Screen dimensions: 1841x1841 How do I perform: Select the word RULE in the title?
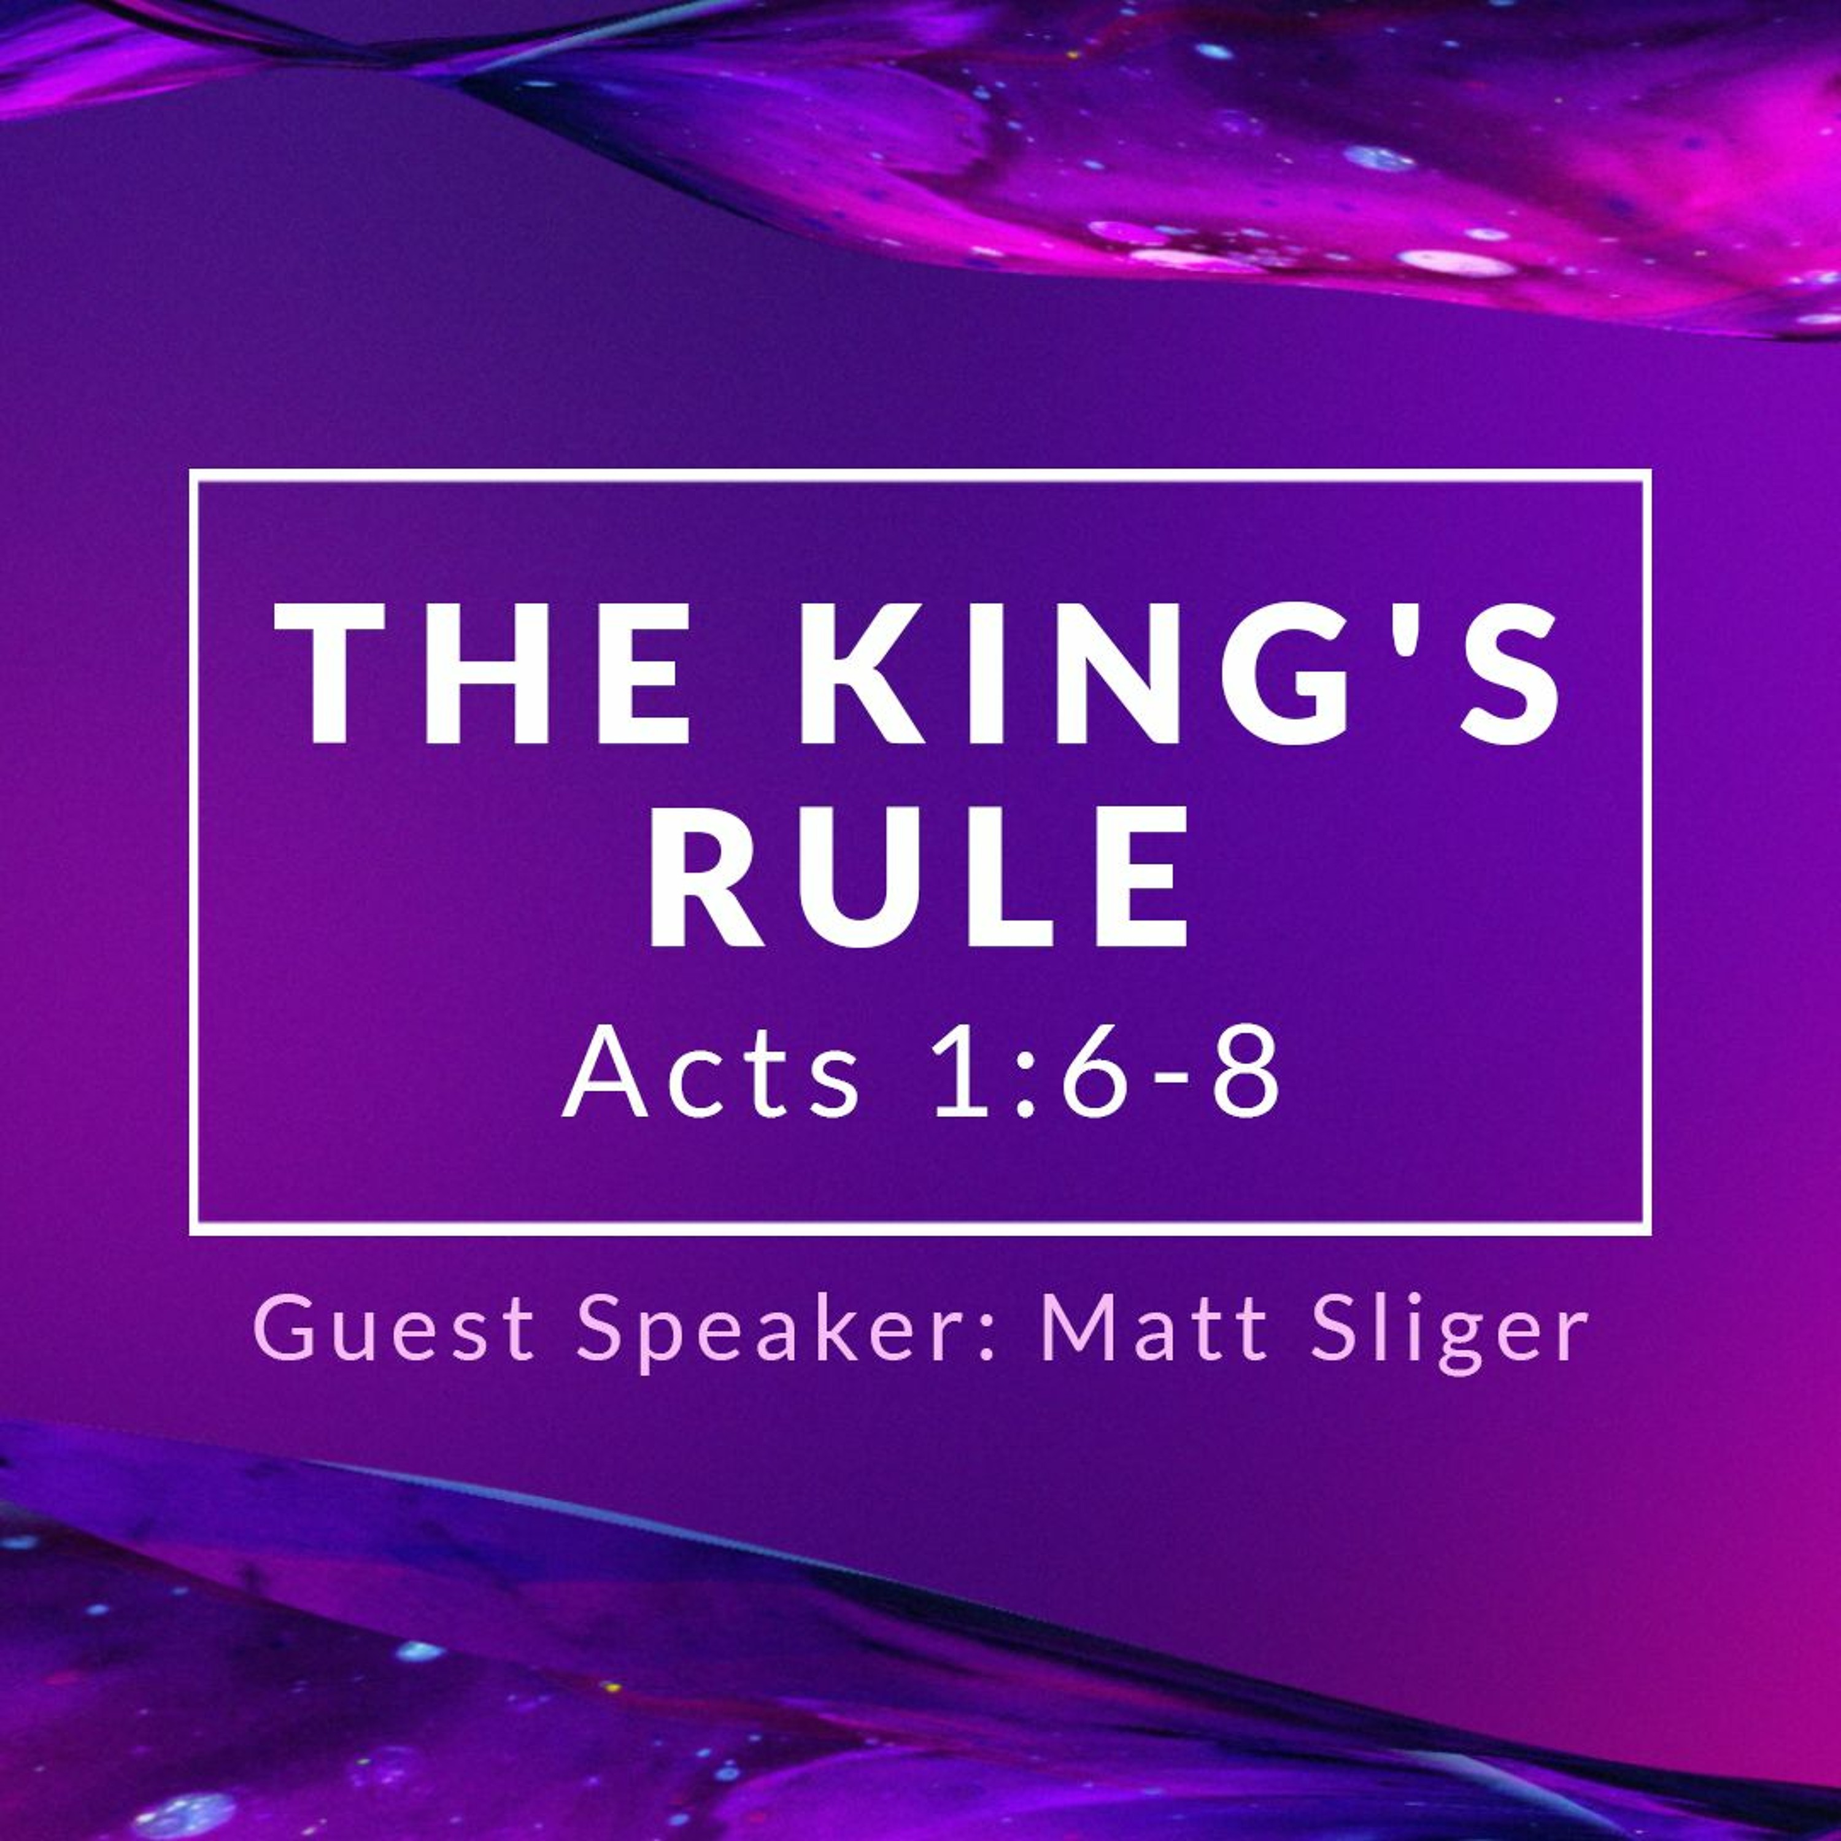(x=919, y=878)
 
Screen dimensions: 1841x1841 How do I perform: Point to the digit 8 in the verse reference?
(x=1243, y=1073)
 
